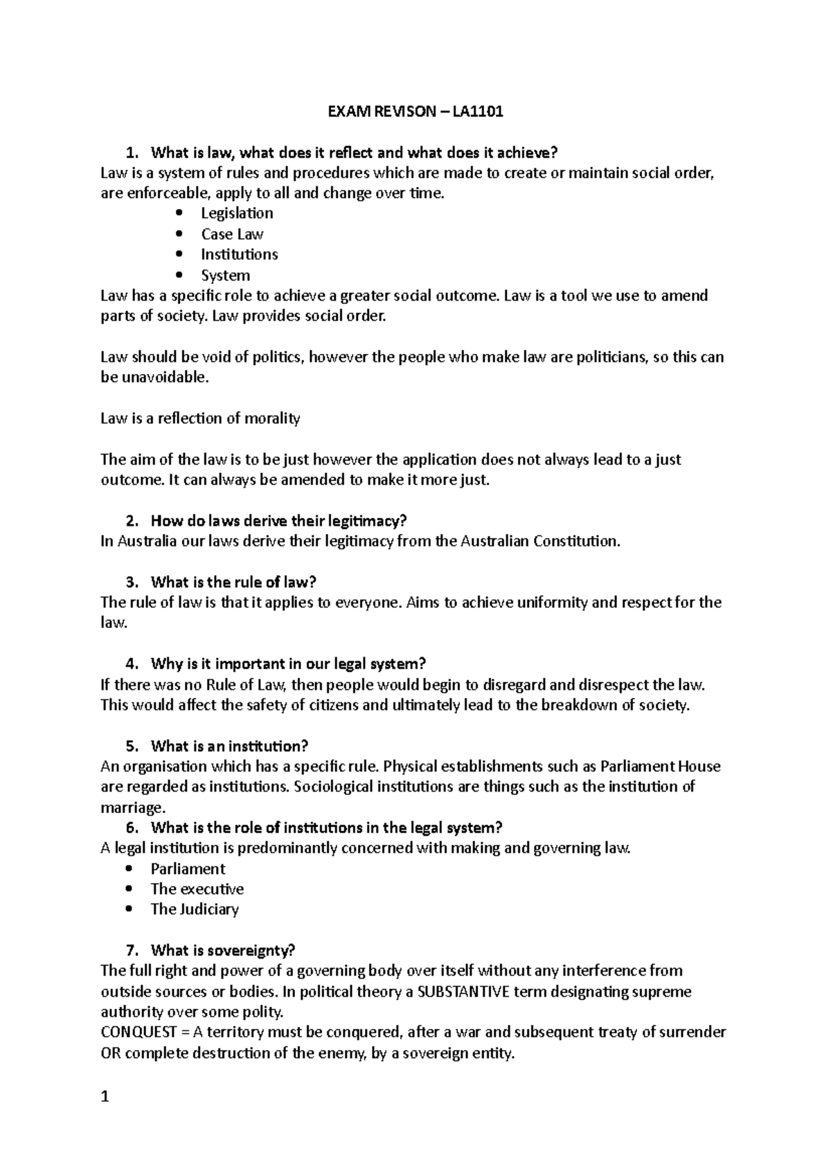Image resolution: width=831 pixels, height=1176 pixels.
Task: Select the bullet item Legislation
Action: pos(237,213)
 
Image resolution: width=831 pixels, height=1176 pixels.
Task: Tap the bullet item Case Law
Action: pos(232,234)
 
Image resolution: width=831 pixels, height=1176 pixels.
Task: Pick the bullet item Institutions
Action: pos(239,254)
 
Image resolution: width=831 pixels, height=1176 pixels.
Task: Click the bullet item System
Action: pos(225,275)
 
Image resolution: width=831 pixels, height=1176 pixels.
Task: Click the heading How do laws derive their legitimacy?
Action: pos(278,520)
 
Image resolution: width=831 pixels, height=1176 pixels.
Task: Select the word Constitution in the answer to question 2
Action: pos(575,541)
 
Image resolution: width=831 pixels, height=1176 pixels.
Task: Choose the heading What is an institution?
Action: pos(229,746)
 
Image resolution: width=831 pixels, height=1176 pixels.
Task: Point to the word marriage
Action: pos(132,808)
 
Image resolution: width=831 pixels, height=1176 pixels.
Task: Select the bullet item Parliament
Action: pos(188,868)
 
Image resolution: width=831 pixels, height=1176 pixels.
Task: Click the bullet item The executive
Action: pos(197,889)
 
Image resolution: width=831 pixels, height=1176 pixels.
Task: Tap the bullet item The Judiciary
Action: pos(195,909)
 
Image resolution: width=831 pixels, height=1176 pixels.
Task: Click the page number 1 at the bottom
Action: pos(105,1097)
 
